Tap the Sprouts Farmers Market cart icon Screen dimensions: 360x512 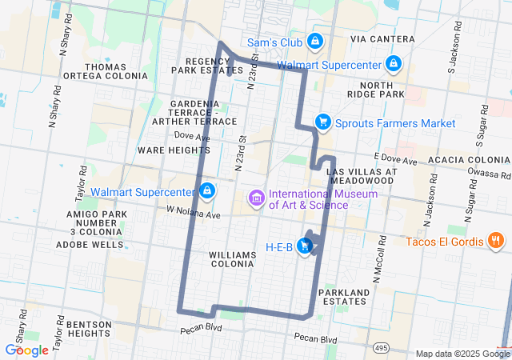(322, 122)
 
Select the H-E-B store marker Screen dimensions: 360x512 (305, 246)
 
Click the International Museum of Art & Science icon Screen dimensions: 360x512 (257, 198)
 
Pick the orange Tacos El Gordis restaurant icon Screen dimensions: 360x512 (496, 241)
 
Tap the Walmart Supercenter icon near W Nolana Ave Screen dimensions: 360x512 (207, 191)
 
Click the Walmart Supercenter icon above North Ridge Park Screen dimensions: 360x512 (393, 63)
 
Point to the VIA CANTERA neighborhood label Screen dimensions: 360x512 (382, 39)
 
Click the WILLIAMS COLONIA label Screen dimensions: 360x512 (232, 259)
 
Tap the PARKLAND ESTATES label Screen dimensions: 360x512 (342, 297)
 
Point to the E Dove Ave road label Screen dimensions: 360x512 (395, 161)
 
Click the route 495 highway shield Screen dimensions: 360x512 (382, 348)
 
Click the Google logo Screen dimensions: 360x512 (26, 350)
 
